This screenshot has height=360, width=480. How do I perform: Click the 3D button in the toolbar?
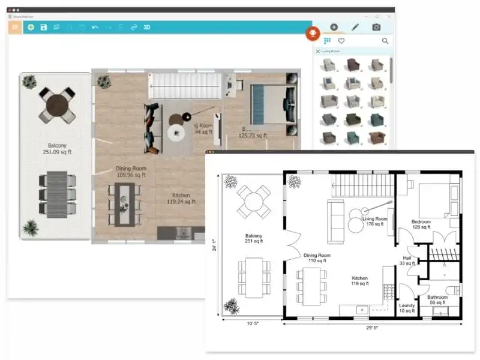(x=147, y=27)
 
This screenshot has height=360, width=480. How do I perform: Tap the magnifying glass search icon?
(x=385, y=41)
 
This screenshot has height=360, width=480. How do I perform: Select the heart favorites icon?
(x=341, y=41)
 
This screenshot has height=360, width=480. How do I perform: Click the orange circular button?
(x=313, y=33)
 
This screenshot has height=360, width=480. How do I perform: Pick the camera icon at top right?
(x=376, y=27)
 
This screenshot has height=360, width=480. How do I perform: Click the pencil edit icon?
(x=355, y=27)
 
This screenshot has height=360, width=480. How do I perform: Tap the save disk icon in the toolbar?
(x=44, y=27)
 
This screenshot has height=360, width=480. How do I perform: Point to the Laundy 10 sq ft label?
(x=407, y=308)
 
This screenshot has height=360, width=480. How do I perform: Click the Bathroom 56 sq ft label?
(x=437, y=300)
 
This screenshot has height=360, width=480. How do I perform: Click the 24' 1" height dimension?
(x=214, y=246)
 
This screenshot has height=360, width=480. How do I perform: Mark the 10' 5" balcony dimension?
(x=252, y=325)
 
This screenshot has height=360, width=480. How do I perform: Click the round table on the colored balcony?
(x=58, y=106)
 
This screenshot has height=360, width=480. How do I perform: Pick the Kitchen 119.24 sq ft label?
(x=181, y=199)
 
